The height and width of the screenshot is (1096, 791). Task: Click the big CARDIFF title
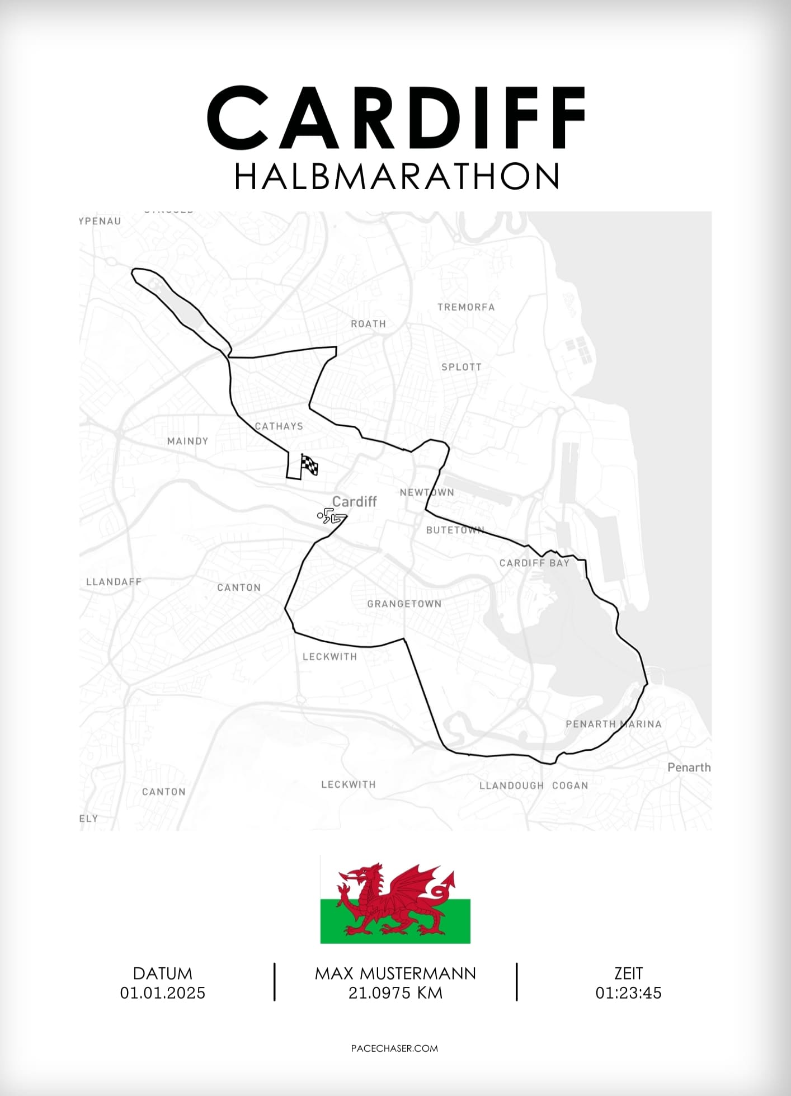396,118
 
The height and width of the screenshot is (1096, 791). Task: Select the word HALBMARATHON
396,177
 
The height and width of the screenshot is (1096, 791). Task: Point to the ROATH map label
368,324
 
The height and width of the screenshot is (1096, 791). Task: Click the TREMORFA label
466,307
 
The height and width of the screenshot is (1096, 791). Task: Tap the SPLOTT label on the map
461,367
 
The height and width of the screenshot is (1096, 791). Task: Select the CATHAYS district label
279,426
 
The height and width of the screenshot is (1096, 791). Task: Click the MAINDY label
187,441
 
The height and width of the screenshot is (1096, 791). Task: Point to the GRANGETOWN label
404,604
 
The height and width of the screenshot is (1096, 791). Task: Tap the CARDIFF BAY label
534,563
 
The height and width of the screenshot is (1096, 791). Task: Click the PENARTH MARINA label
613,724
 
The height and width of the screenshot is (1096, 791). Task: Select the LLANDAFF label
114,582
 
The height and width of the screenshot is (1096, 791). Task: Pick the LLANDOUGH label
511,785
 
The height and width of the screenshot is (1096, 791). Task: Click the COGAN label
570,785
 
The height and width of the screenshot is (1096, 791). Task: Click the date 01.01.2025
163,993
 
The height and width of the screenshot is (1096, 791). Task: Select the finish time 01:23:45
628,993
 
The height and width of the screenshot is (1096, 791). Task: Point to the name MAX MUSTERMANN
395,973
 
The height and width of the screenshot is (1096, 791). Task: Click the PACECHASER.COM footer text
394,1048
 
